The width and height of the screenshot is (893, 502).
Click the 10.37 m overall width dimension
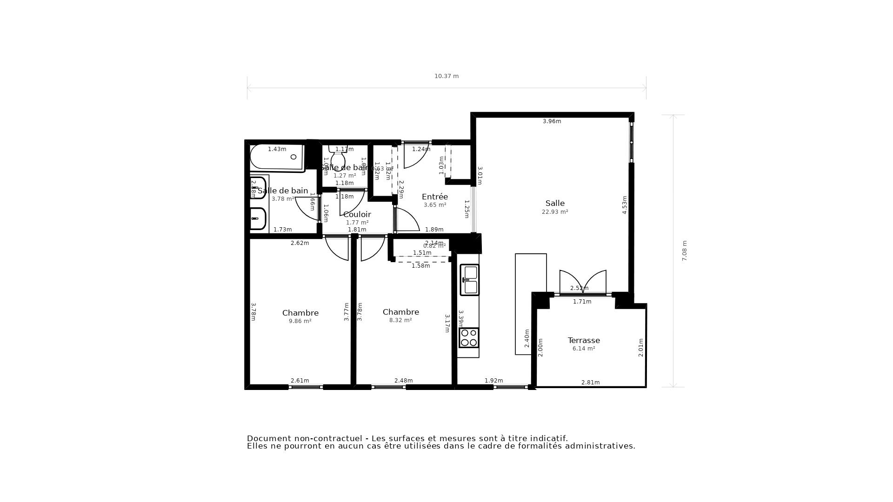click(x=446, y=76)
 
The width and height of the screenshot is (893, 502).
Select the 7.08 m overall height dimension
click(x=684, y=251)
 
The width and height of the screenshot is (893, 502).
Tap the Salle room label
click(x=555, y=203)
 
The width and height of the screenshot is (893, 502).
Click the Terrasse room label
click(x=584, y=340)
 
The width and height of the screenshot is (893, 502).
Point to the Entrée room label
click(x=435, y=197)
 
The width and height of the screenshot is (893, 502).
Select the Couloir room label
click(x=357, y=214)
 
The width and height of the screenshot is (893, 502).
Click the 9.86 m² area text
click(x=300, y=321)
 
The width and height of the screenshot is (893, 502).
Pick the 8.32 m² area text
click(x=400, y=320)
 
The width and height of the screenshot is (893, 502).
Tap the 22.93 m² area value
click(x=555, y=212)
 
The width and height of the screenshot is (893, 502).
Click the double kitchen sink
click(x=470, y=280)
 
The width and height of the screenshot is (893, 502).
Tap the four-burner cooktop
click(x=469, y=337)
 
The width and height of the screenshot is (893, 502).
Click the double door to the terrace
click(x=583, y=282)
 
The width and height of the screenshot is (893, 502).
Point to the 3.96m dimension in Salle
click(x=552, y=121)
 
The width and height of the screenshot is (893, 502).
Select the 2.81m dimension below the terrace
click(x=590, y=383)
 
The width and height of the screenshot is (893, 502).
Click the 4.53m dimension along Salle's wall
click(x=625, y=205)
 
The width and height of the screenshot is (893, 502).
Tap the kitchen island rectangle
click(x=531, y=304)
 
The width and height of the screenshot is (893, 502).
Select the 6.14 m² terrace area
click(x=584, y=349)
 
